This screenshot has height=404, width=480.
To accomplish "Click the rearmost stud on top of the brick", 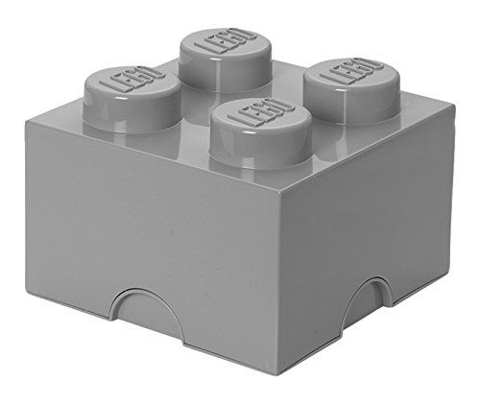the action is tap(226, 60).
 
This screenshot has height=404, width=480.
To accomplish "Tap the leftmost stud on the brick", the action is tap(132, 100).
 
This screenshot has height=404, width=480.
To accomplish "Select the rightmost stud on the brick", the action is tap(351, 91).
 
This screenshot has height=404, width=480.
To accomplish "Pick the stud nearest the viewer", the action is tap(261, 134).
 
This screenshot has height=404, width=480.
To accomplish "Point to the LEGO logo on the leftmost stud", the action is tap(132, 80).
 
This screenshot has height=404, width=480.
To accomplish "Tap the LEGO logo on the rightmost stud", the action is tap(351, 72).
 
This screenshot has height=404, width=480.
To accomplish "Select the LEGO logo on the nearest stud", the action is tap(261, 112).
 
